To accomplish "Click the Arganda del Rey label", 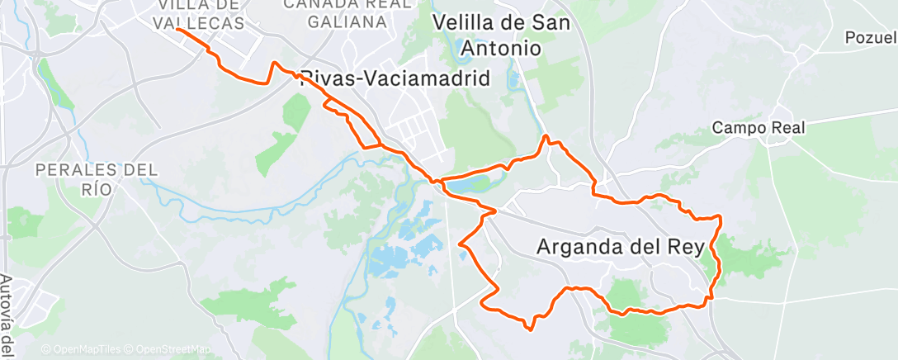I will tap(626, 246).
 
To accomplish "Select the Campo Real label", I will tap(758, 127).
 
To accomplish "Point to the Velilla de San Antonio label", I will tap(501, 36).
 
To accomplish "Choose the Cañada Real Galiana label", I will tap(347, 12).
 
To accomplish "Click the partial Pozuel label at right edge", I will tap(871, 38).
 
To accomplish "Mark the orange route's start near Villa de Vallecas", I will tap(178, 30).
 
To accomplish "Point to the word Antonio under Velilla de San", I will tap(501, 49).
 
